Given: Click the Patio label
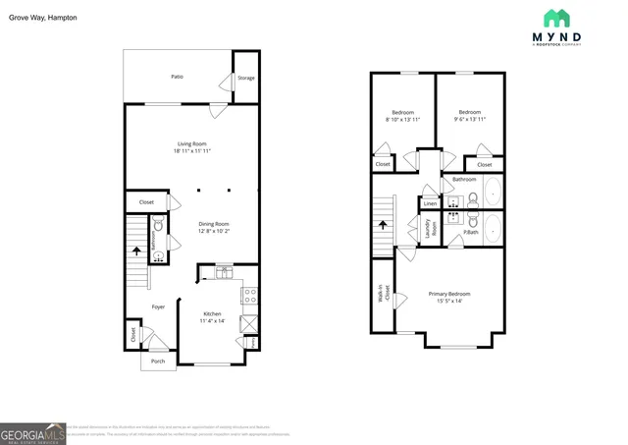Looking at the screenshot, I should click(177, 77).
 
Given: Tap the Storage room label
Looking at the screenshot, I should click(246, 78).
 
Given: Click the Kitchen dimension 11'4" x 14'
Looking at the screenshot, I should click(212, 321).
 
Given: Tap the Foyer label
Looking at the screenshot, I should click(158, 306).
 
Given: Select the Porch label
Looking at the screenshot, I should click(158, 361).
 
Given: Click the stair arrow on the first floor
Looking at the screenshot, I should click(135, 250).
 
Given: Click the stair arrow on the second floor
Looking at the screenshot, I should click(382, 225).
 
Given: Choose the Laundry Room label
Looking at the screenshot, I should click(430, 228).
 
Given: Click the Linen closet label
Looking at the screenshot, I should click(430, 203).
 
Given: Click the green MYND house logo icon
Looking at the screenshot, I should click(556, 19).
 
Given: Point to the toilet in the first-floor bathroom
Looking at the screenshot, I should click(157, 259).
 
